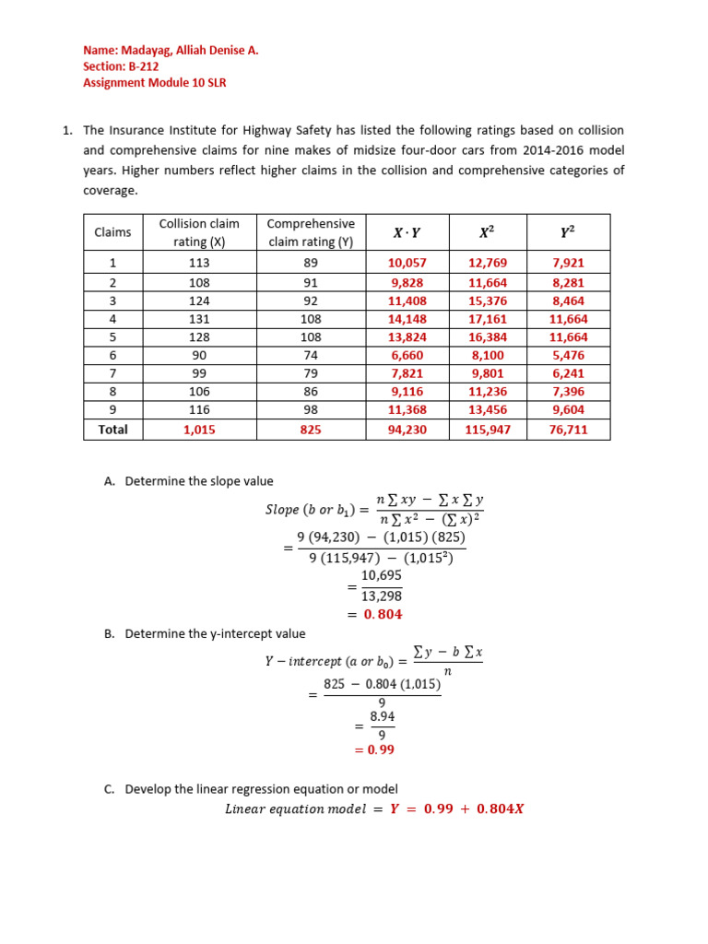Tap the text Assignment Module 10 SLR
coord(155,82)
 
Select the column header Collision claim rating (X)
coord(198,232)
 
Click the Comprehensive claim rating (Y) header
coord(310,232)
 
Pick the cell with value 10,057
coord(407,263)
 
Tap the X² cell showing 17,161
coord(488,319)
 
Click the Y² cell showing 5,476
coord(569,355)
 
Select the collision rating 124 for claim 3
coord(198,301)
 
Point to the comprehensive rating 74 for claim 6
coord(310,355)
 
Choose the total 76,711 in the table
coord(569,430)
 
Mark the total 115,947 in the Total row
coord(488,430)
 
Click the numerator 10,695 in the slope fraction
coord(381,575)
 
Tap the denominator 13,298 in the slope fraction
coord(381,596)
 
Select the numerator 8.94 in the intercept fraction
coord(383,715)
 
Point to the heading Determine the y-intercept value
coord(215,633)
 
